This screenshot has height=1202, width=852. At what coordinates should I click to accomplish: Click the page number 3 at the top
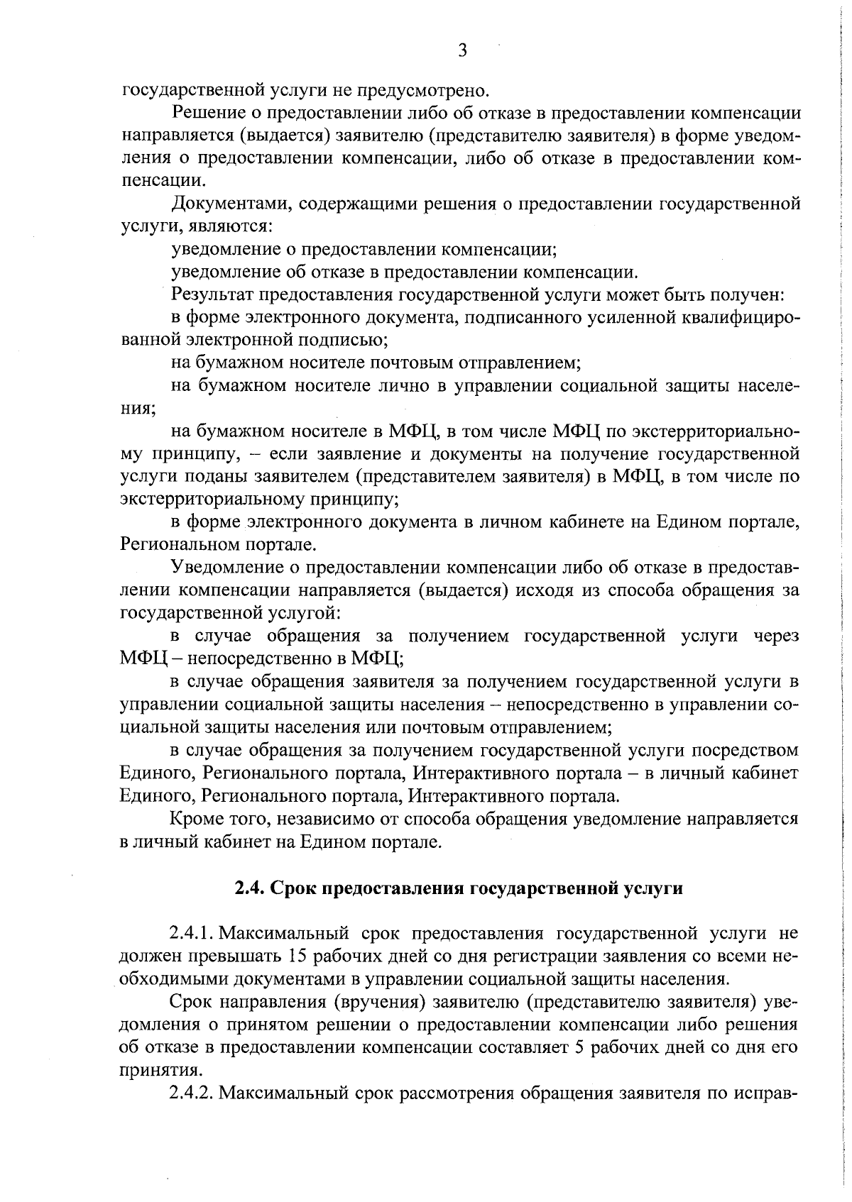click(463, 50)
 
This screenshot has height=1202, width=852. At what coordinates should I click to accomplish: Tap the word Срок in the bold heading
click(295, 888)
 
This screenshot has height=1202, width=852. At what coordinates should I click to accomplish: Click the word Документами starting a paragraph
click(230, 204)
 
